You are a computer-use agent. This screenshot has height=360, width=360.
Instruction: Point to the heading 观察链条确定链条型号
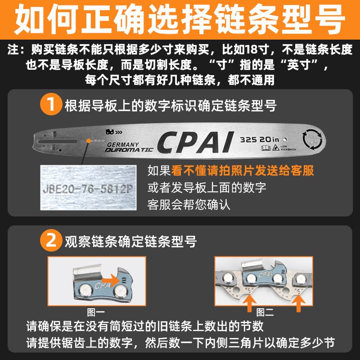click(130, 241)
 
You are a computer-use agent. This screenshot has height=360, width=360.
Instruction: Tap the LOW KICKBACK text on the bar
click(283, 148)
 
